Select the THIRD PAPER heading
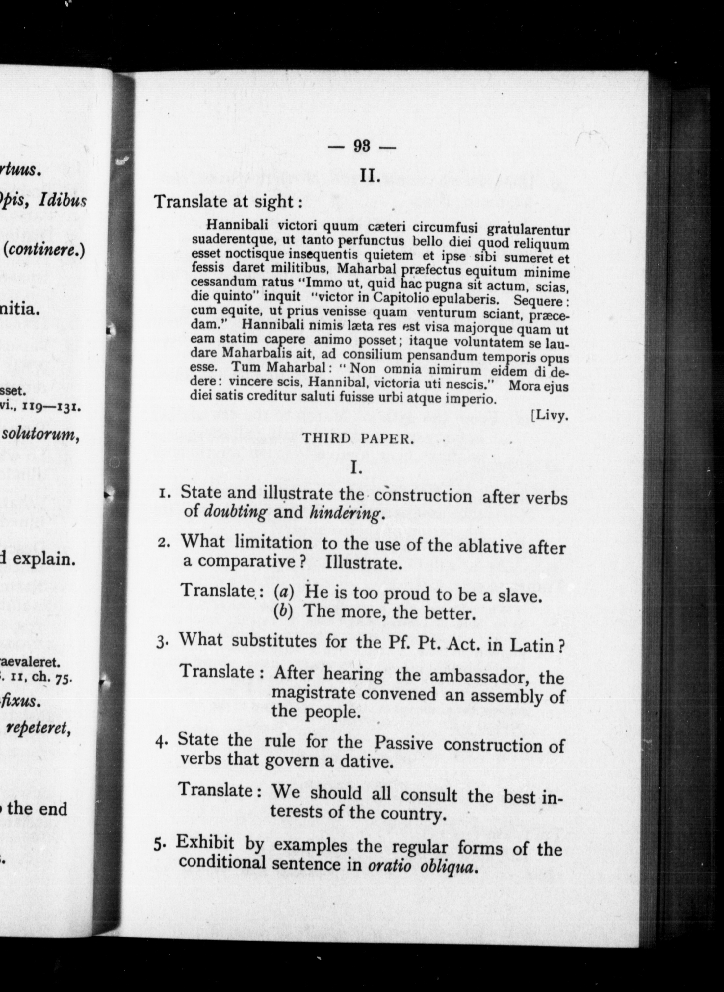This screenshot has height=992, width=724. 358,439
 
